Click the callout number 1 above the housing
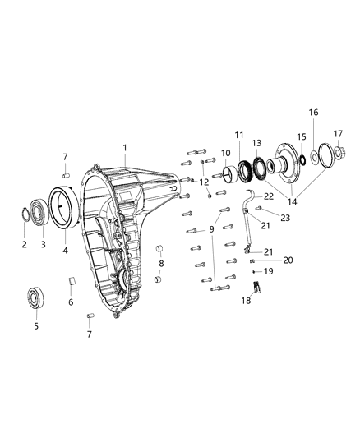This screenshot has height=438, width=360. (x=124, y=149)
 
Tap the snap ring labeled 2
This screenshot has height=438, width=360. (x=26, y=217)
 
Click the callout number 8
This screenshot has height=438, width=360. (x=160, y=264)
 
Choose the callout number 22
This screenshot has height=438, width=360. (x=268, y=198)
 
